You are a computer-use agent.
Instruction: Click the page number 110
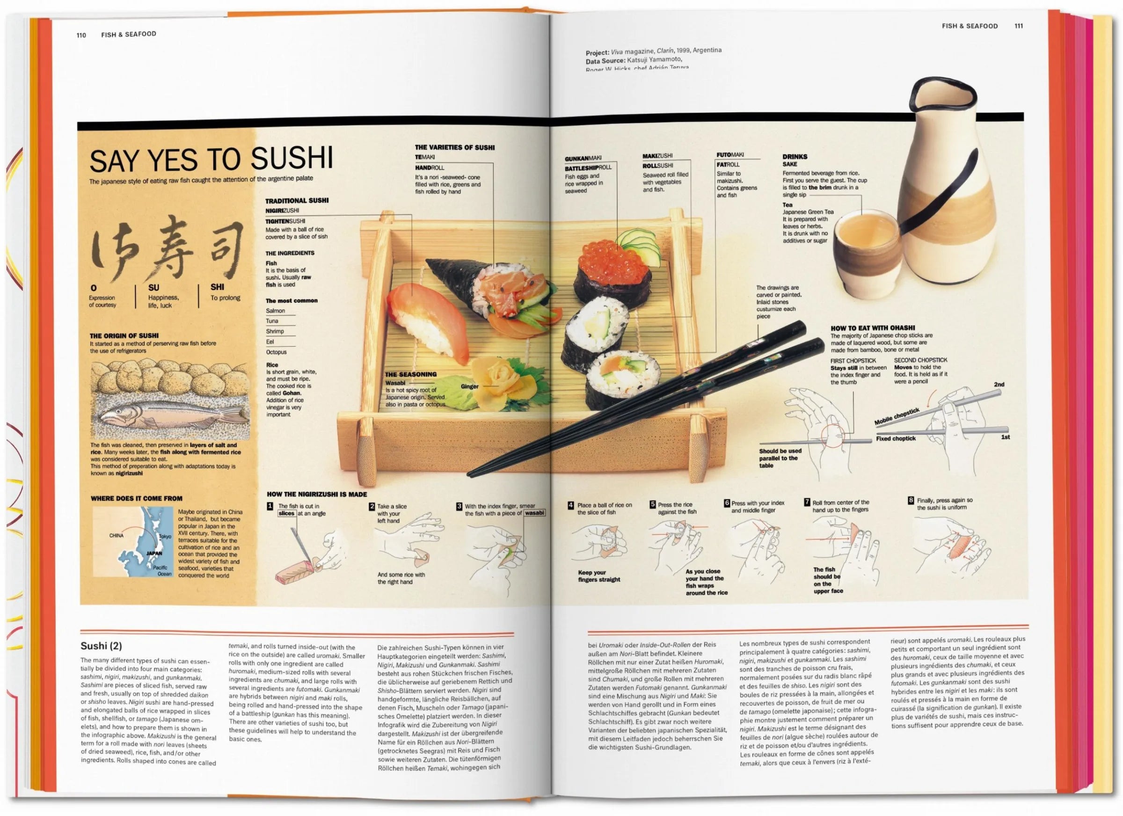pos(81,35)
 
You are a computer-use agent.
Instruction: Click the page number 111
pos(1019,26)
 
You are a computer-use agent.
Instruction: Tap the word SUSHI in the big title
pos(292,159)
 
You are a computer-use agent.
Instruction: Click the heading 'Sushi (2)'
pos(101,646)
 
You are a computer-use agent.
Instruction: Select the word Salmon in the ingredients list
pos(275,311)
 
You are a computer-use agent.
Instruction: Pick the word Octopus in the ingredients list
pos(276,352)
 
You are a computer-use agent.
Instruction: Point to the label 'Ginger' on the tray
pos(469,386)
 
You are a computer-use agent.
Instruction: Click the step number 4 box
pos(571,505)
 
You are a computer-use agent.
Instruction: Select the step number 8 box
pos(911,500)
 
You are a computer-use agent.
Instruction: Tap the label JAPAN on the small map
pos(154,554)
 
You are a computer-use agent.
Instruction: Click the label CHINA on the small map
pos(117,535)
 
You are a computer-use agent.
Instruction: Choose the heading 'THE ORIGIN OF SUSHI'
pos(124,335)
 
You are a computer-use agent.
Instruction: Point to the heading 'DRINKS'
pos(795,156)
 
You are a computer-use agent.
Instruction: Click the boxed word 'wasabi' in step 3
pos(534,513)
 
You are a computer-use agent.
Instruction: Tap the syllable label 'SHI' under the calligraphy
pos(217,287)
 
